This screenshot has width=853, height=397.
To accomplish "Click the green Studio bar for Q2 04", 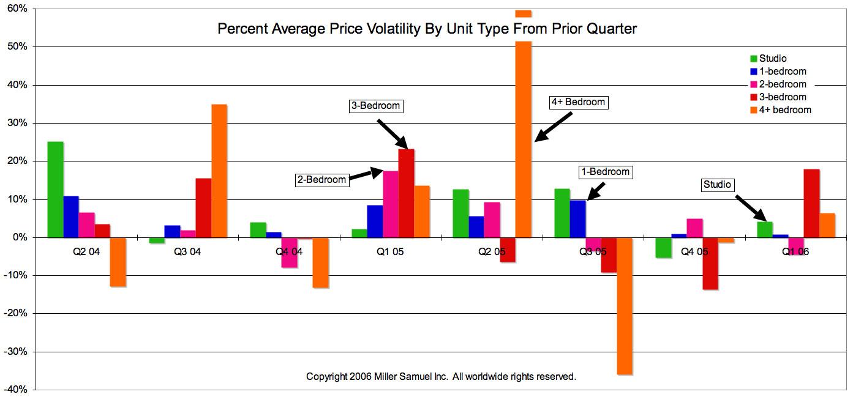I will tap(55, 190).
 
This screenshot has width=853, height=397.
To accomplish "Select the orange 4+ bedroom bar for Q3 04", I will tap(219, 171).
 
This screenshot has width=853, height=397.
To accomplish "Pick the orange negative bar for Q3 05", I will tap(624, 306).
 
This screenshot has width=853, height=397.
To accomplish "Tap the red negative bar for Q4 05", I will tap(710, 264).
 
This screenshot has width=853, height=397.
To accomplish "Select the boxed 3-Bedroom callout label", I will tap(375, 106).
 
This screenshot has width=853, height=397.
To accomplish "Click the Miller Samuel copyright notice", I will tap(441, 376).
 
